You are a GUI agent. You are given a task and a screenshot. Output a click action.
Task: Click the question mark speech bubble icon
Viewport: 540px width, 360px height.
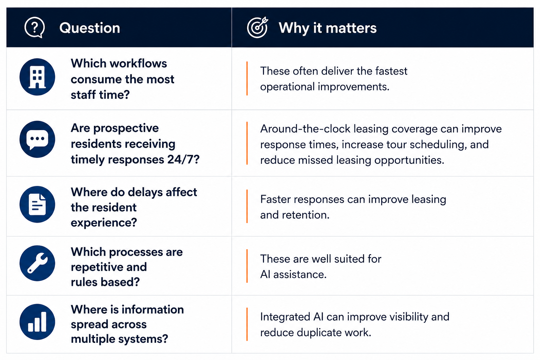(x=34, y=27)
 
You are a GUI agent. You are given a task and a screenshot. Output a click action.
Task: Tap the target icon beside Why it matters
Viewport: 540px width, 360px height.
(x=257, y=27)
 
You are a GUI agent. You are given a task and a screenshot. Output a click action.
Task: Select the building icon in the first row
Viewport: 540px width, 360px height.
(x=37, y=77)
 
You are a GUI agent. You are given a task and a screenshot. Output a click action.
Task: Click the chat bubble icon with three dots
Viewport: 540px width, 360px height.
(x=37, y=139)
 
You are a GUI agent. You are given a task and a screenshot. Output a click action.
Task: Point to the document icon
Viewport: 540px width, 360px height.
(x=37, y=204)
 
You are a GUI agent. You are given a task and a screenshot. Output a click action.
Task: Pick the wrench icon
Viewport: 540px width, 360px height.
(x=37, y=263)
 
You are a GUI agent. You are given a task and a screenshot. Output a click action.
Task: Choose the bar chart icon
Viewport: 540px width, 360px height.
(x=37, y=322)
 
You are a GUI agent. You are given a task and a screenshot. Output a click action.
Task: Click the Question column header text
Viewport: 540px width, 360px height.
(x=90, y=28)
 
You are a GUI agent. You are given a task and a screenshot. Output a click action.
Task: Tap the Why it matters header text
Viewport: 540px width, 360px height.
(x=328, y=28)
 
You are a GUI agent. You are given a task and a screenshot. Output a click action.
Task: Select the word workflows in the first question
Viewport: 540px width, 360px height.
(x=139, y=63)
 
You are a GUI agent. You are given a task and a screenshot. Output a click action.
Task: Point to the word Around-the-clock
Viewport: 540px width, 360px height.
(x=306, y=129)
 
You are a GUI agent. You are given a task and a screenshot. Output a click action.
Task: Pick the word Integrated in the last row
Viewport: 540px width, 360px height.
(x=285, y=317)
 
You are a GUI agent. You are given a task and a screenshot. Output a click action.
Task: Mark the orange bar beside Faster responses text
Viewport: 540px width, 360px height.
(x=247, y=206)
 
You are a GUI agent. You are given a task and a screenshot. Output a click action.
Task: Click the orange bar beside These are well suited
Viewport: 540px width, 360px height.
(x=247, y=266)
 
